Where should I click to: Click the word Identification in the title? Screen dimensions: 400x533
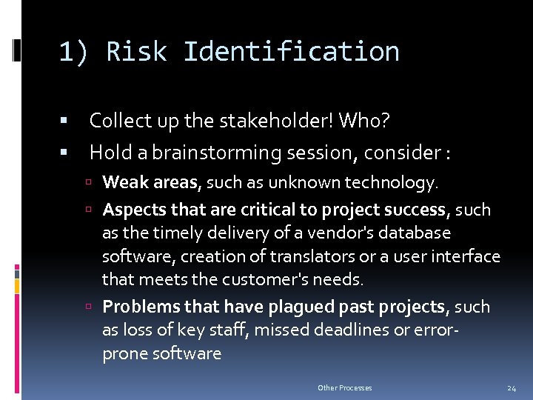point(291,52)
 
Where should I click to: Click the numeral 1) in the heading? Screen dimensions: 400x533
point(75,52)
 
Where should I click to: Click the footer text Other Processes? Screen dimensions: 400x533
point(345,388)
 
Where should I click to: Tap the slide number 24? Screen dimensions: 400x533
point(511,388)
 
